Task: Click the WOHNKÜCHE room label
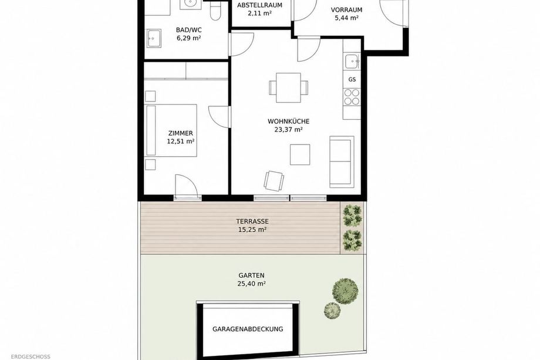coord(288,122)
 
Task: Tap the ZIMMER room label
coord(180,133)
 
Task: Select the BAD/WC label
coord(189,30)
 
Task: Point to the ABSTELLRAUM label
coord(259,5)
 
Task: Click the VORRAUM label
coord(346,9)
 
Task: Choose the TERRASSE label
coord(252,221)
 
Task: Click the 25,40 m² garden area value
coord(251,284)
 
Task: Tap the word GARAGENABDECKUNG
coord(248,329)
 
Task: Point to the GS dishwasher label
coord(352,80)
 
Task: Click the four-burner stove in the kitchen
coord(352,97)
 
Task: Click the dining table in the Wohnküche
coord(288,88)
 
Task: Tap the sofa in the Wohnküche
coord(342,162)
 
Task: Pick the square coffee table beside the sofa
coord(299,154)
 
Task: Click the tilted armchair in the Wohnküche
coord(274,180)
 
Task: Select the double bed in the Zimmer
coord(171,130)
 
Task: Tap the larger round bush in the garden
coord(345,291)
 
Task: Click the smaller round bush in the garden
coord(332,311)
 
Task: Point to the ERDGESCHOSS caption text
coord(31,357)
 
